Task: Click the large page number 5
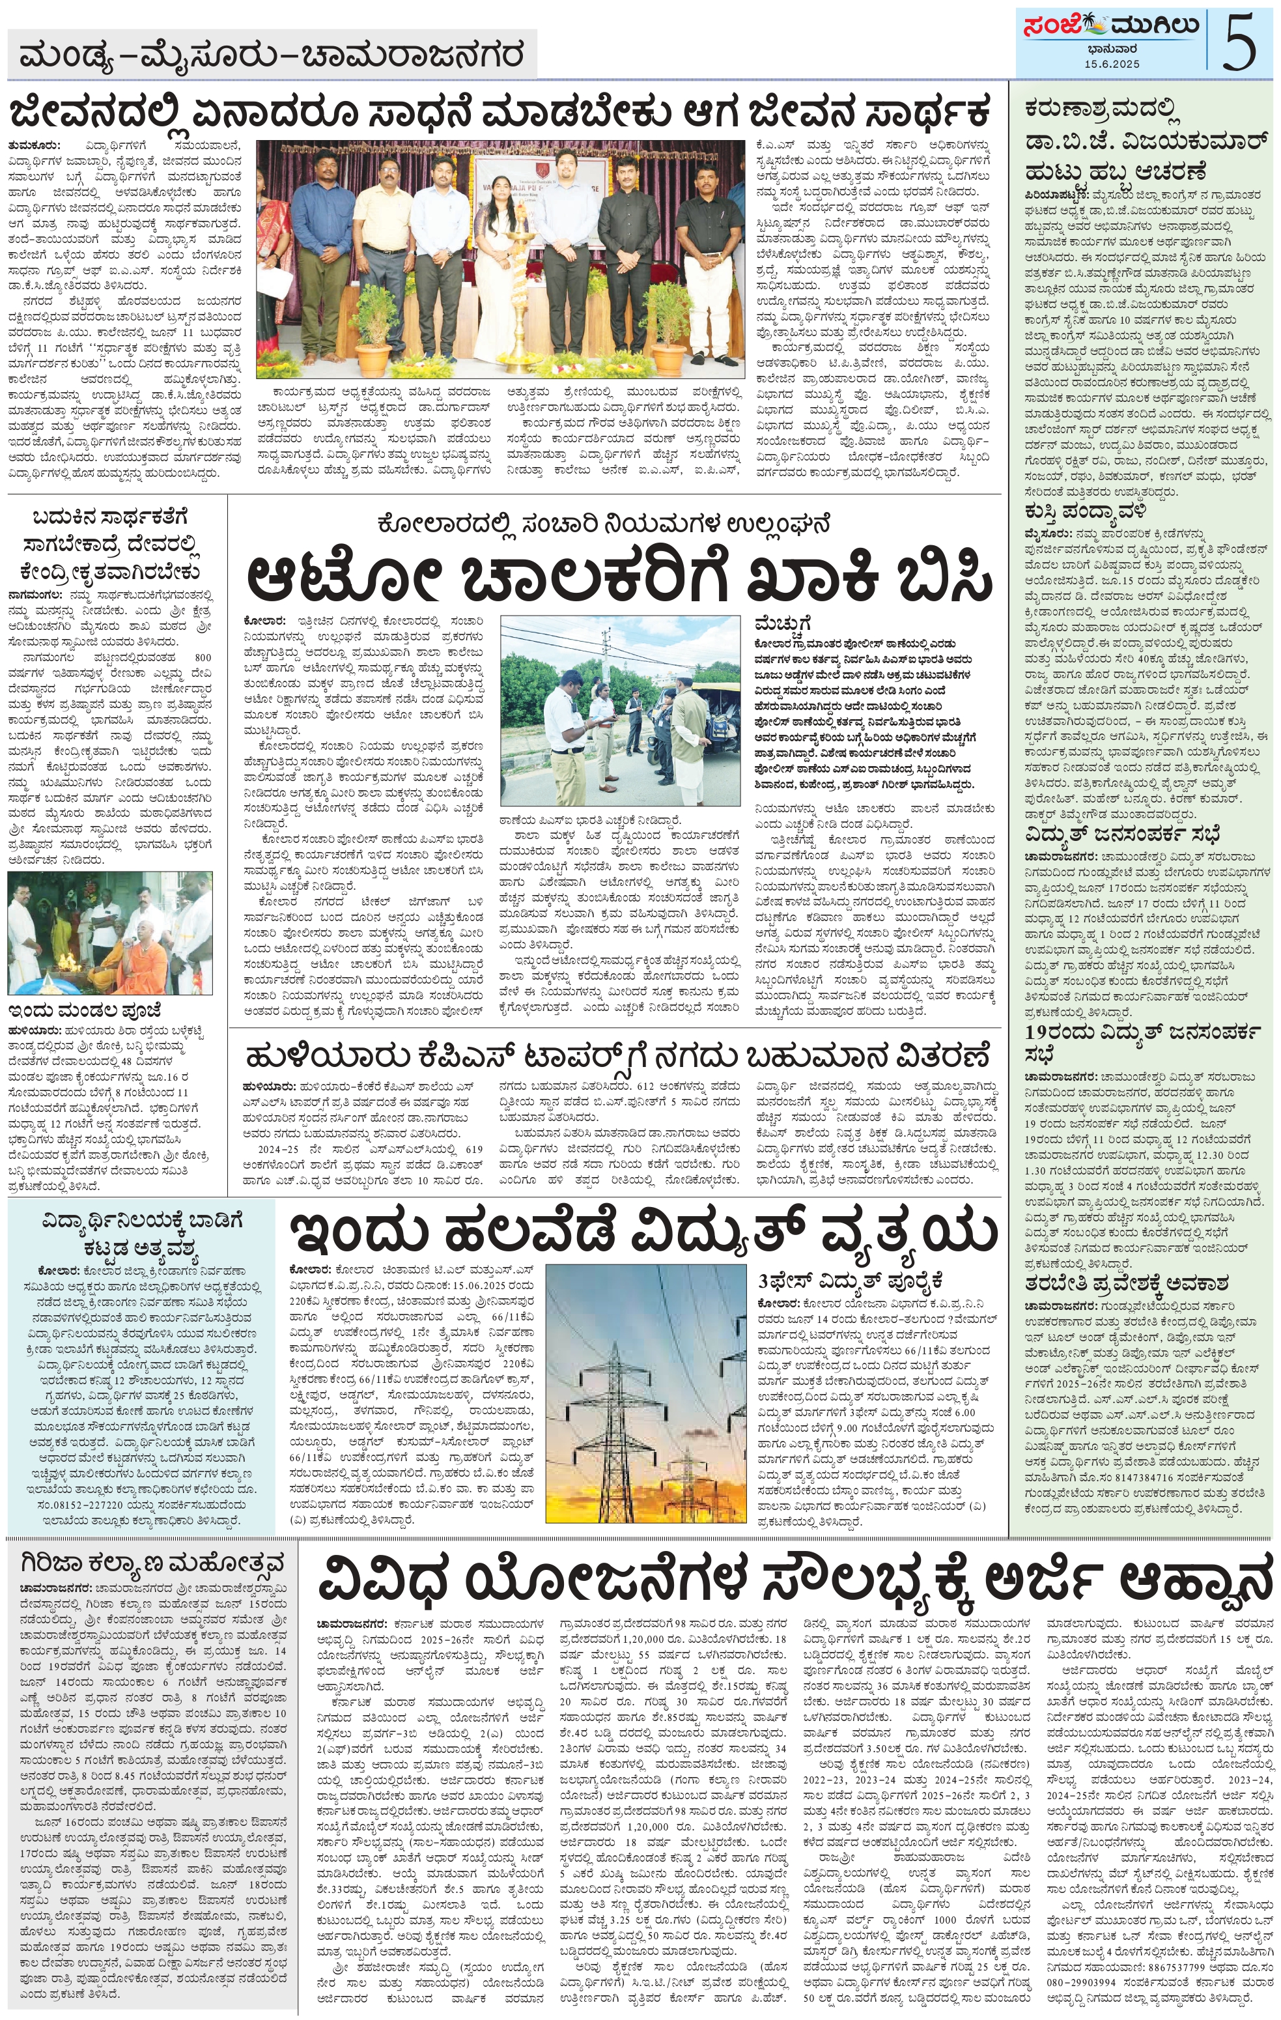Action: [1240, 42]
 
